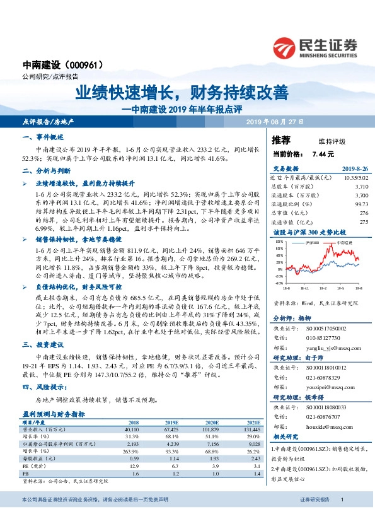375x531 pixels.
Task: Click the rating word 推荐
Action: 281,139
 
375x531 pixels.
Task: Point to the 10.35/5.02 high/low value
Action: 355,180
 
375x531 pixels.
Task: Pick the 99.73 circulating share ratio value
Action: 360,204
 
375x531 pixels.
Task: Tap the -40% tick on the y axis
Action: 279,283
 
